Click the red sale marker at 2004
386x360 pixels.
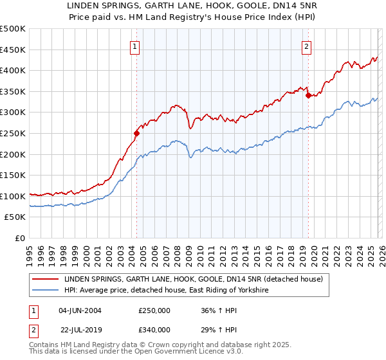(136, 134)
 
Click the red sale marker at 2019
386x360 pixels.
(308, 96)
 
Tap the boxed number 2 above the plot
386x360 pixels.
(307, 46)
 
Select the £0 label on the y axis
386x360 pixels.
(21, 238)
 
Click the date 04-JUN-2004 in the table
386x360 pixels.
(80, 310)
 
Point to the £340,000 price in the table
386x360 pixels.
(154, 329)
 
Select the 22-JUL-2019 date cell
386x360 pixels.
(80, 329)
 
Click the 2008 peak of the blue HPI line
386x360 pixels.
(174, 140)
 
